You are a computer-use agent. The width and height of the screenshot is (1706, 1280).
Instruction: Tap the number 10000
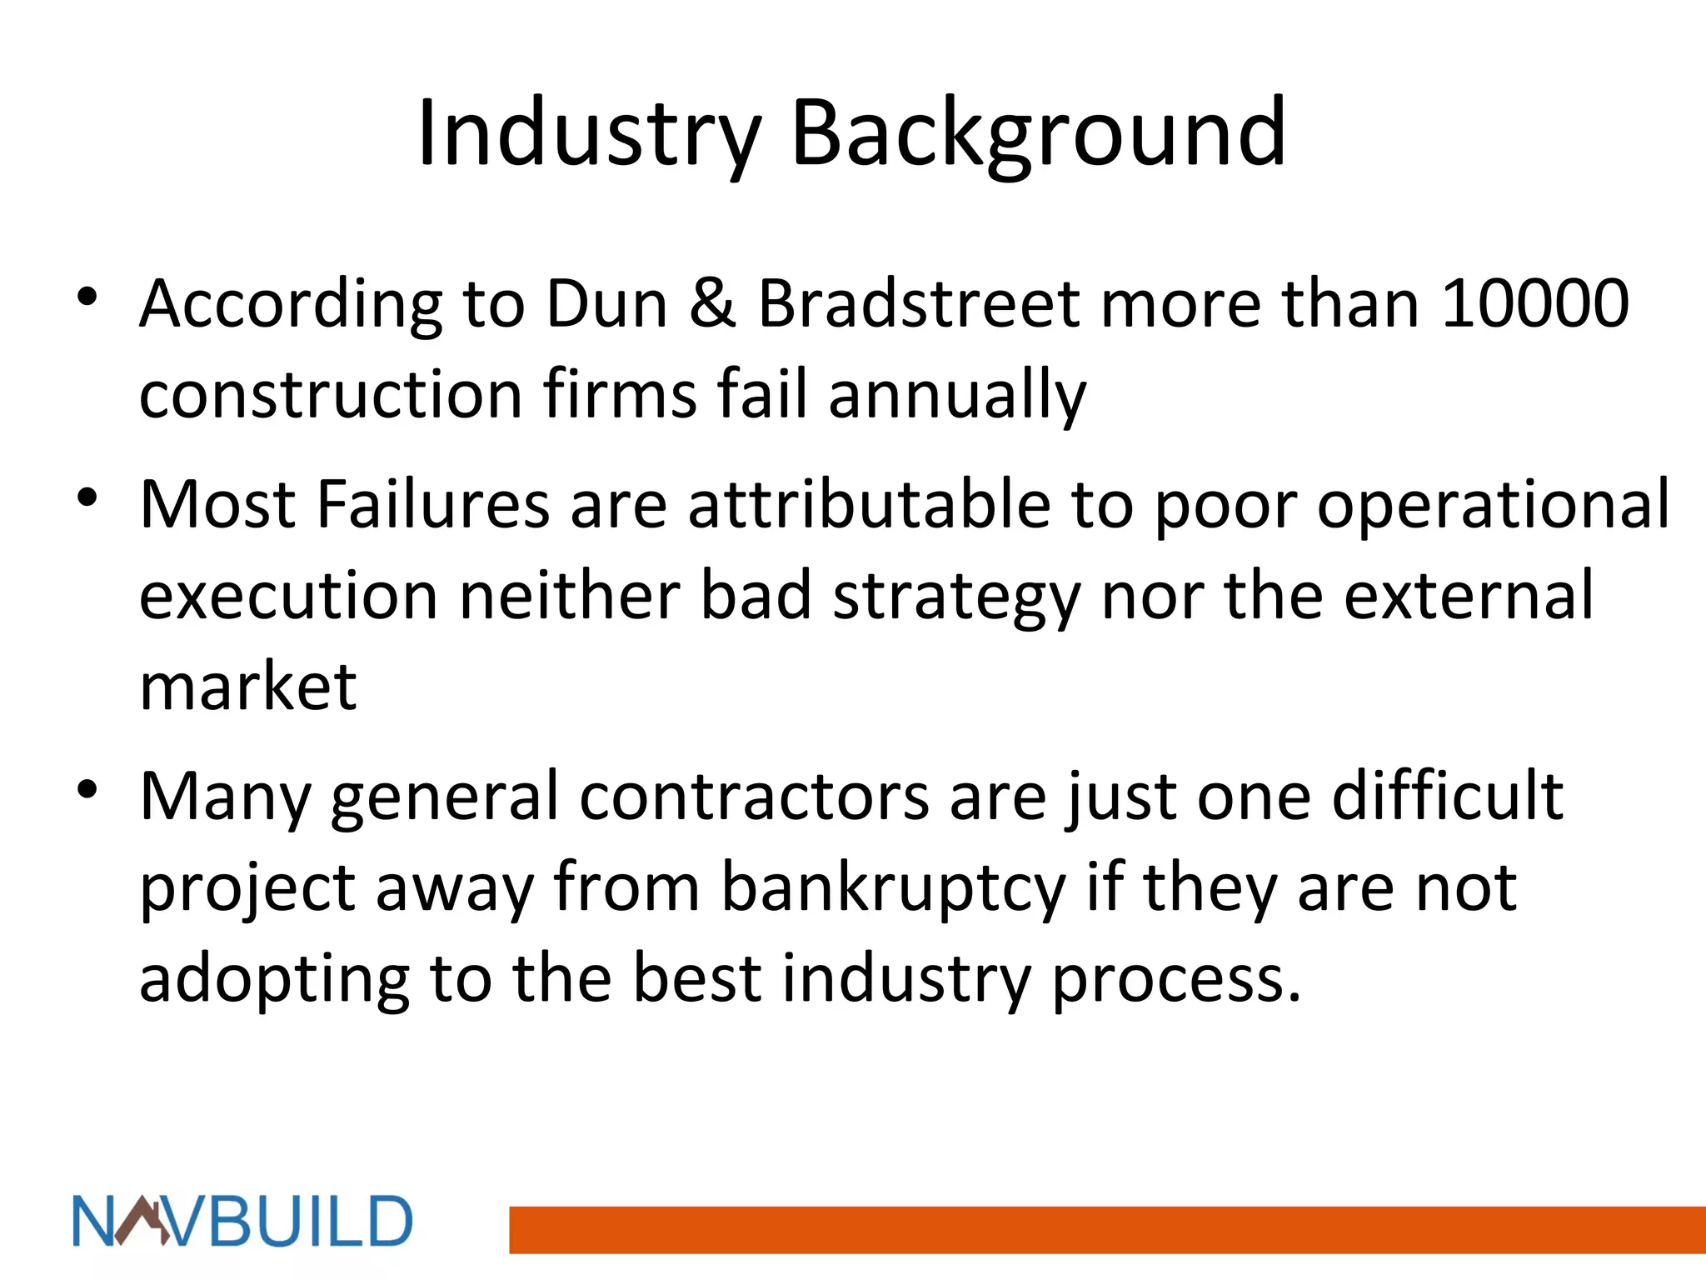click(x=1534, y=303)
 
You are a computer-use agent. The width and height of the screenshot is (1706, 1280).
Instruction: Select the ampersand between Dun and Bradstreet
click(x=712, y=303)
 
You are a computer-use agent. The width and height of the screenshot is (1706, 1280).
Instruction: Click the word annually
click(x=957, y=395)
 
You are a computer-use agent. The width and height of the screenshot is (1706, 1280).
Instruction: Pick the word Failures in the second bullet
click(x=433, y=504)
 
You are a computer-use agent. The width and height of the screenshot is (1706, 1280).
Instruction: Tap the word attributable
click(x=869, y=504)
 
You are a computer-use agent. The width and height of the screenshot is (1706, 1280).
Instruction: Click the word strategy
click(x=956, y=597)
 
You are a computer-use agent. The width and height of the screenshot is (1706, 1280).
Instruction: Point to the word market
click(x=248, y=687)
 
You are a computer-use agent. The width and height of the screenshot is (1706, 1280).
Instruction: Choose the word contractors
click(x=754, y=797)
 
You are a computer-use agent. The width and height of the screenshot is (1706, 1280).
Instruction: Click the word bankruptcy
click(x=893, y=888)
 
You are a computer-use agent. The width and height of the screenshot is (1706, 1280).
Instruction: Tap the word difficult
click(x=1447, y=797)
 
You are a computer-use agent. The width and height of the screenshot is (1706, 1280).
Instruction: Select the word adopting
click(x=274, y=980)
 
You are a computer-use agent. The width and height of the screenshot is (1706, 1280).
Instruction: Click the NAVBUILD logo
click(x=242, y=1222)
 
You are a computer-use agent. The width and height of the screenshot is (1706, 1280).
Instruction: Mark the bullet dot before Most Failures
click(x=87, y=498)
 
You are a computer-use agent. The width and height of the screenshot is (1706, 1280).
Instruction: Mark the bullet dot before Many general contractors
click(x=87, y=789)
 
